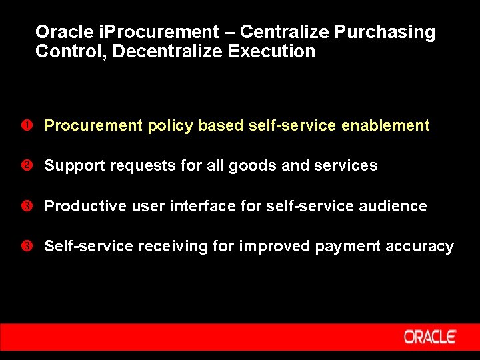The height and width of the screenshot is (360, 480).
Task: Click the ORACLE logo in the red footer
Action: pos(429,337)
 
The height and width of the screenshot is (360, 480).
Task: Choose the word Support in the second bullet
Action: pos(74,166)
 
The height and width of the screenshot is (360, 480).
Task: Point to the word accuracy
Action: pos(420,247)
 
